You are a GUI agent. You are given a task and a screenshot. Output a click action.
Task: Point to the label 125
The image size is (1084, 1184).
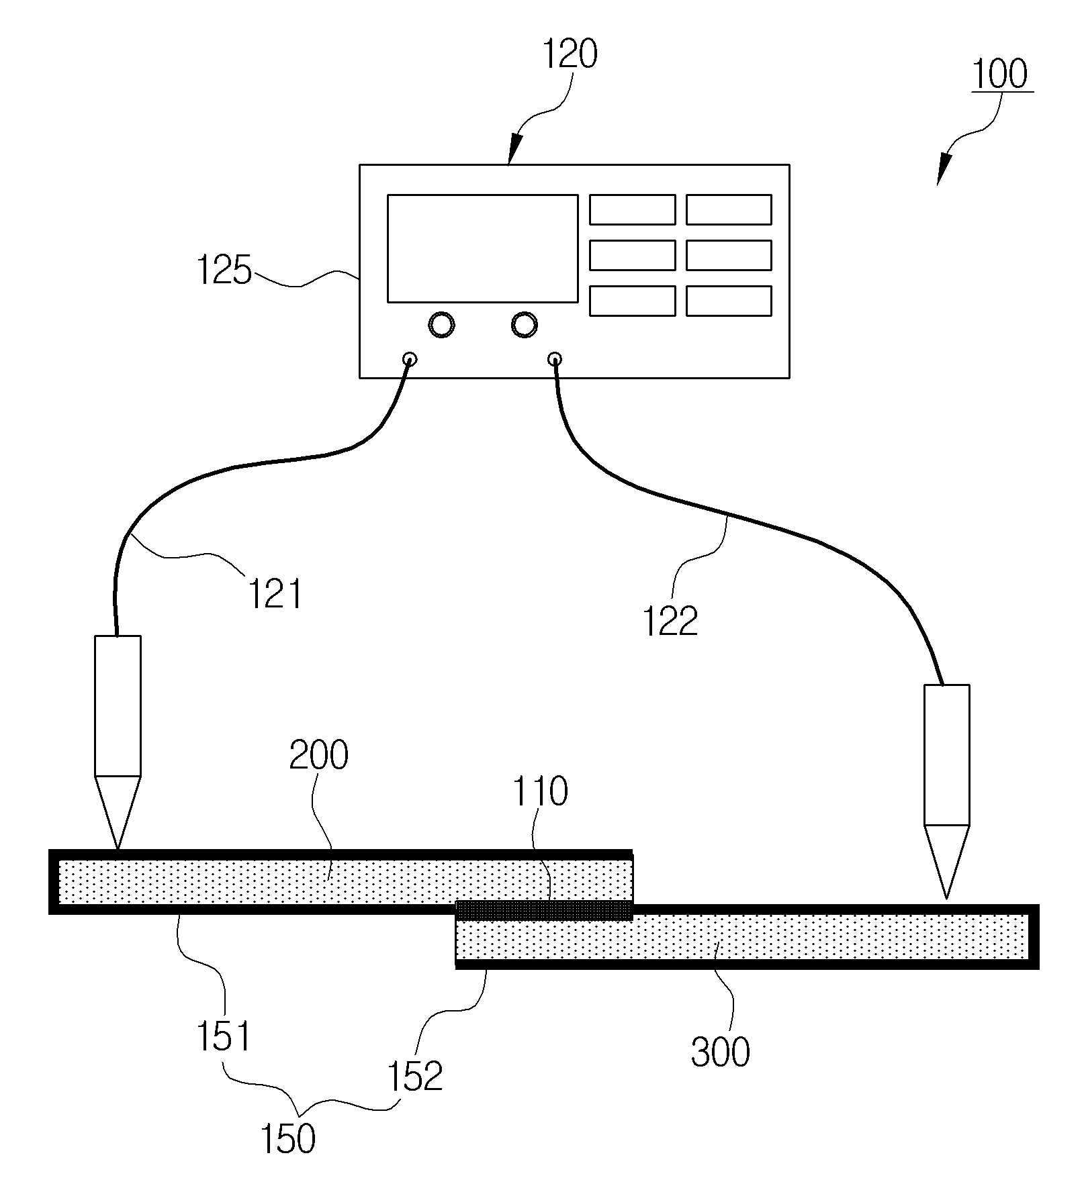(224, 270)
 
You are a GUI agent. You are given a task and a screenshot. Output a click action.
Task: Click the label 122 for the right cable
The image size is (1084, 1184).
(670, 621)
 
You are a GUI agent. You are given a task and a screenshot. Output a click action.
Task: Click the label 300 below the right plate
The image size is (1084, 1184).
(720, 1051)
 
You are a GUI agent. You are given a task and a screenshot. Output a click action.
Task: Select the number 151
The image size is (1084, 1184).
(224, 1036)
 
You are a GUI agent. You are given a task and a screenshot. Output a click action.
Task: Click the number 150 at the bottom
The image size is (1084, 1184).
(287, 1138)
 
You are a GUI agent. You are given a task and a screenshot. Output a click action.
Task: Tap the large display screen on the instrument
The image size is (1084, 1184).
(482, 248)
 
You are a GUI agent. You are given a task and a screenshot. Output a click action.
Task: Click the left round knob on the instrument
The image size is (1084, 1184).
(441, 325)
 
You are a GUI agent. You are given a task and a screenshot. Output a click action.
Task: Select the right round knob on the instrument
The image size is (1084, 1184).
(524, 325)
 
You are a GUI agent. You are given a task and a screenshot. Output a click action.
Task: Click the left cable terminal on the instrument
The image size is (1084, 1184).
(409, 358)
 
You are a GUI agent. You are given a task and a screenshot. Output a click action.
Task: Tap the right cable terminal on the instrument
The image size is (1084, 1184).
(555, 358)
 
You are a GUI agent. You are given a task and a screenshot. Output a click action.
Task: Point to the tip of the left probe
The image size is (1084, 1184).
(118, 849)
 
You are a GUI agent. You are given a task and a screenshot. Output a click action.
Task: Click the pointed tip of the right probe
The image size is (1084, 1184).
(946, 898)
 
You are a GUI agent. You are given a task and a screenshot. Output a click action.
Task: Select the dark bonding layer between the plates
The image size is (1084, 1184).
(544, 910)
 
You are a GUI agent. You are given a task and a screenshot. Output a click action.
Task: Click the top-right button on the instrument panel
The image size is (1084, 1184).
(729, 209)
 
